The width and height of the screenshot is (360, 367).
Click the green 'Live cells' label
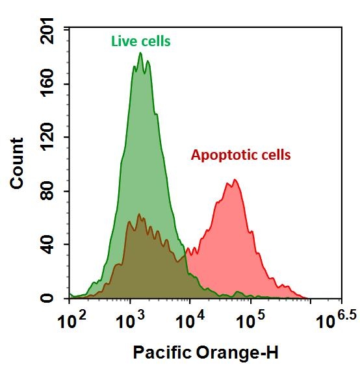[140, 42]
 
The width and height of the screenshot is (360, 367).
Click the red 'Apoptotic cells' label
[240, 155]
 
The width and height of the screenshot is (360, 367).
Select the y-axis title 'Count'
[17, 163]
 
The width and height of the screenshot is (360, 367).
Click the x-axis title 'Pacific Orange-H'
[205, 353]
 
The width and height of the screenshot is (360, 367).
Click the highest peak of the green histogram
[140, 53]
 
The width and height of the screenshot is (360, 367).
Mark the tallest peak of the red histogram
[234, 180]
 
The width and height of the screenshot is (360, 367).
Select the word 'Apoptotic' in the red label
[222, 155]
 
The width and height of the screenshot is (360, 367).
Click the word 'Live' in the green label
[122, 42]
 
